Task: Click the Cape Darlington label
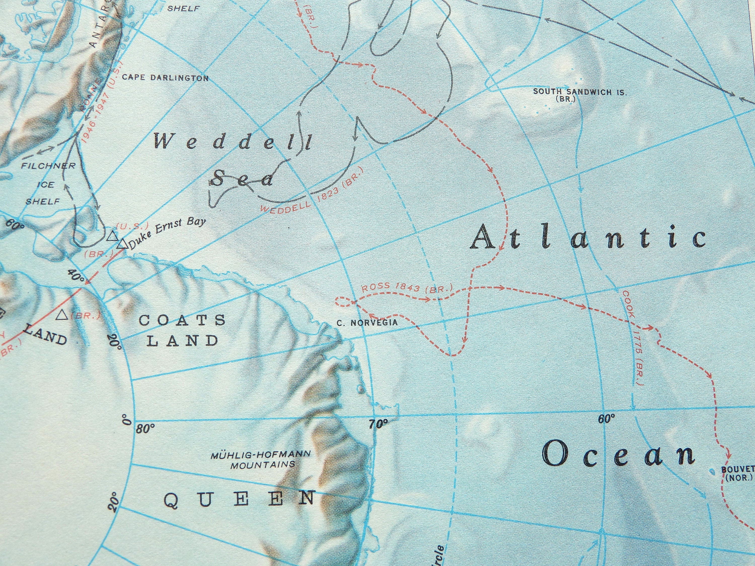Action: pos(165,78)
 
